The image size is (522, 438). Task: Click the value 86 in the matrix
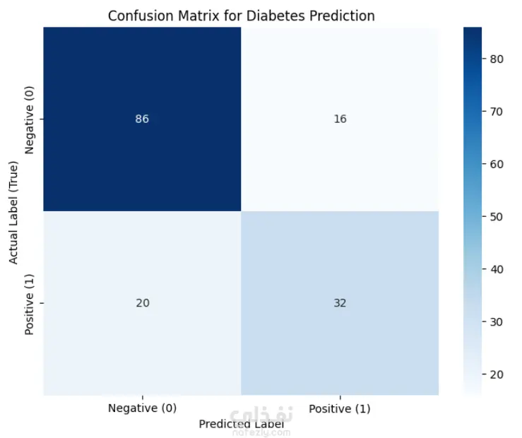142,119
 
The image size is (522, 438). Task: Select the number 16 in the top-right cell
340,119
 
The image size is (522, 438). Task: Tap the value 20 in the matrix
143,303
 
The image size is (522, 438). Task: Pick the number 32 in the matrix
340,303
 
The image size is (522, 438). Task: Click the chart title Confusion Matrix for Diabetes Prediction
242,16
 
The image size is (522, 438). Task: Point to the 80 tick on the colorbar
497,59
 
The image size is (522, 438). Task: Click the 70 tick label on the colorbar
497,112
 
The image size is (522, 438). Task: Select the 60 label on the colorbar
497,164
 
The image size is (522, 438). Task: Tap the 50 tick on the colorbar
497,217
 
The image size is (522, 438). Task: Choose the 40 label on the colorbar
497,269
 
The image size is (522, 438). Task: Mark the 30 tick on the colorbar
497,322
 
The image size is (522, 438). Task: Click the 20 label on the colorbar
497,374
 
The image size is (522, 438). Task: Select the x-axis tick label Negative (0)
142,408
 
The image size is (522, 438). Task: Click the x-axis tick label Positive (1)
340,408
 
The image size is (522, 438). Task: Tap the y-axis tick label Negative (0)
29,120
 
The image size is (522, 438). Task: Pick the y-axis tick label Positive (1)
29,304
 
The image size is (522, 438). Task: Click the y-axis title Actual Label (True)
13,213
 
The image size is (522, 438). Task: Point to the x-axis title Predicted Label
242,424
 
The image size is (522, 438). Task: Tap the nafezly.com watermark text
261,432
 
